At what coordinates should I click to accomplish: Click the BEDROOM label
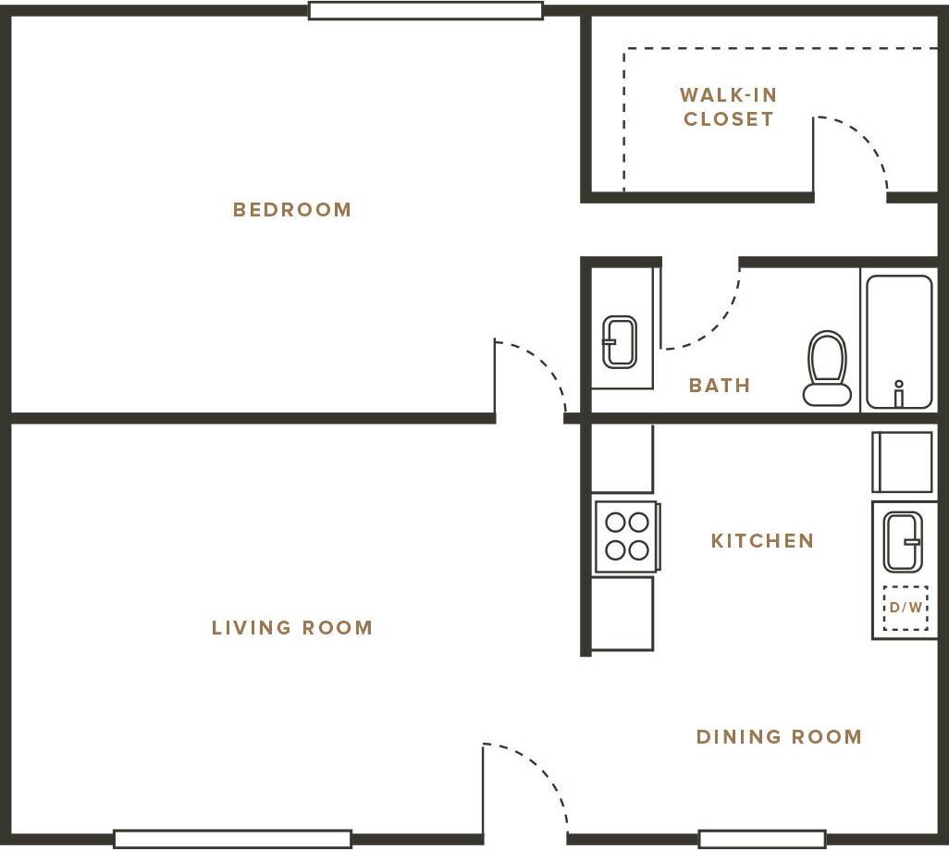(292, 210)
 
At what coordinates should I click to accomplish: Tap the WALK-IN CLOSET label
(728, 107)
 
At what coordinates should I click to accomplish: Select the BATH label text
(719, 386)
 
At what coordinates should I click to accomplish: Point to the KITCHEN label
(762, 541)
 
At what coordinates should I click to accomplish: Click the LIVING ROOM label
(292, 628)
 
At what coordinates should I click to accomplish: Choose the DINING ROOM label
(779, 737)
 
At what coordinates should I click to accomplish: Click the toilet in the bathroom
(827, 368)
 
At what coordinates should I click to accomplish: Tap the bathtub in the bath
(898, 340)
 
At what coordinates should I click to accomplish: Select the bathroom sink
(619, 341)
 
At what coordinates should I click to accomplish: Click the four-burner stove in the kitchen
(626, 536)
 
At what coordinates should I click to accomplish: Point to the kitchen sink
(902, 541)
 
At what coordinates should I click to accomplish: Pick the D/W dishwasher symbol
(905, 608)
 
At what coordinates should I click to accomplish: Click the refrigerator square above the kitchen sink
(903, 462)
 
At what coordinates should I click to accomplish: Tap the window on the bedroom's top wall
(425, 11)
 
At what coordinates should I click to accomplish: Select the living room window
(232, 839)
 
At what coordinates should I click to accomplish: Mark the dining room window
(761, 839)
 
